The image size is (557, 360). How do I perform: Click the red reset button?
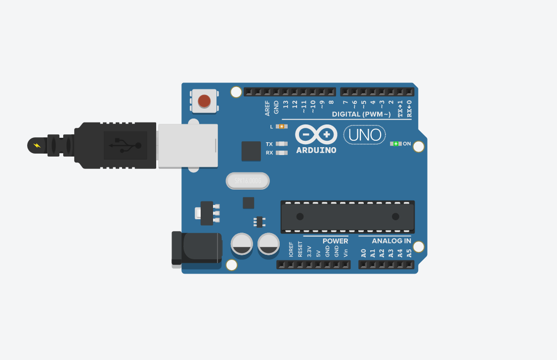[204, 101]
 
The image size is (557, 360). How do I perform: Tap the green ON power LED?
[395, 144]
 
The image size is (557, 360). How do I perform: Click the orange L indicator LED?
[282, 126]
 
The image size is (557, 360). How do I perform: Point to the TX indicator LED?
[281, 144]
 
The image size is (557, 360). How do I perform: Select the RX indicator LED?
[281, 153]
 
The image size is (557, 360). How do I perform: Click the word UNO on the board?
[365, 135]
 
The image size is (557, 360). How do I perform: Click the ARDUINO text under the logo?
[316, 150]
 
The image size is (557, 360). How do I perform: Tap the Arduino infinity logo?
[316, 134]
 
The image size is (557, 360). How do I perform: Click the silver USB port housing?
[187, 146]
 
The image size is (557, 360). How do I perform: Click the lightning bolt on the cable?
[37, 145]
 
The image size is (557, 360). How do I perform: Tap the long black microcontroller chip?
[347, 216]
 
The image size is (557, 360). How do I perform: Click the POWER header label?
[335, 241]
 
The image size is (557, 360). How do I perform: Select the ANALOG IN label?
[391, 241]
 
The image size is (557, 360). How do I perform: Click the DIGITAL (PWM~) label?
[361, 115]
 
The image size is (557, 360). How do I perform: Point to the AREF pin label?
[267, 108]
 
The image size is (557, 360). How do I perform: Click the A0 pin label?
[363, 253]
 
